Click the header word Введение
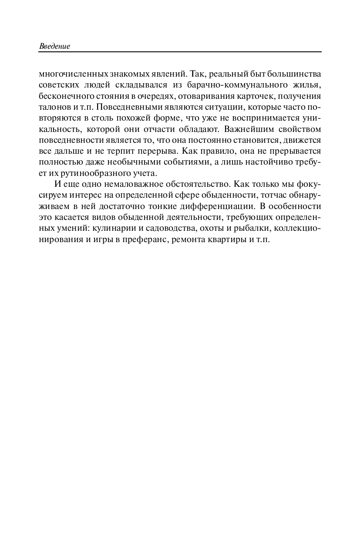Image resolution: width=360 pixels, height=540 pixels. coord(54,46)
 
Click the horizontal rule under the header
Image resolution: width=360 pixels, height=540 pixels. coord(180,52)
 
